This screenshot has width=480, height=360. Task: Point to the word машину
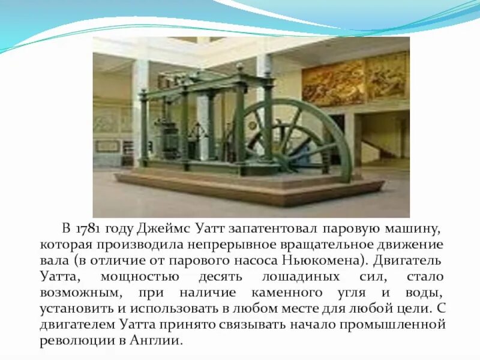413,229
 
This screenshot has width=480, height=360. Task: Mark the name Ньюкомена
331,261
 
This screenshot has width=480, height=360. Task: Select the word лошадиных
302,277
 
